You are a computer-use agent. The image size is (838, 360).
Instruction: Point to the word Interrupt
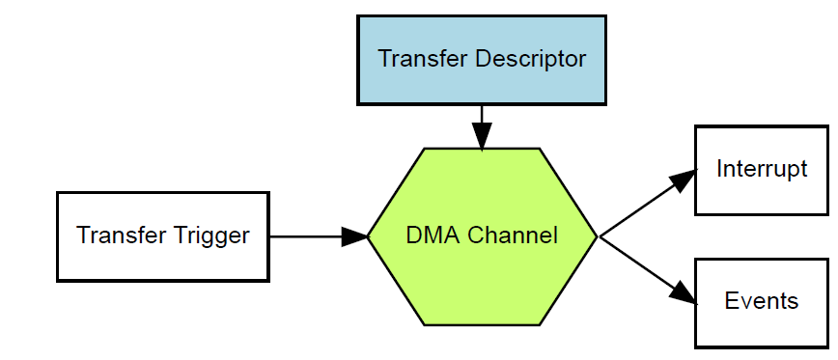point(762,170)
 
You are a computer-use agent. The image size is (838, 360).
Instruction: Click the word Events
point(762,301)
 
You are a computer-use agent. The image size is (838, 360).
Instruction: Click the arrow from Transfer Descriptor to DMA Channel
point(481,121)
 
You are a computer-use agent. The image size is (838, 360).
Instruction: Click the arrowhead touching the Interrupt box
point(683,180)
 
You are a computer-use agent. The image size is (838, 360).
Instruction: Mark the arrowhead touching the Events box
point(683,293)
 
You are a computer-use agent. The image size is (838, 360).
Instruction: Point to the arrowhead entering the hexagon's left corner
point(354,236)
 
